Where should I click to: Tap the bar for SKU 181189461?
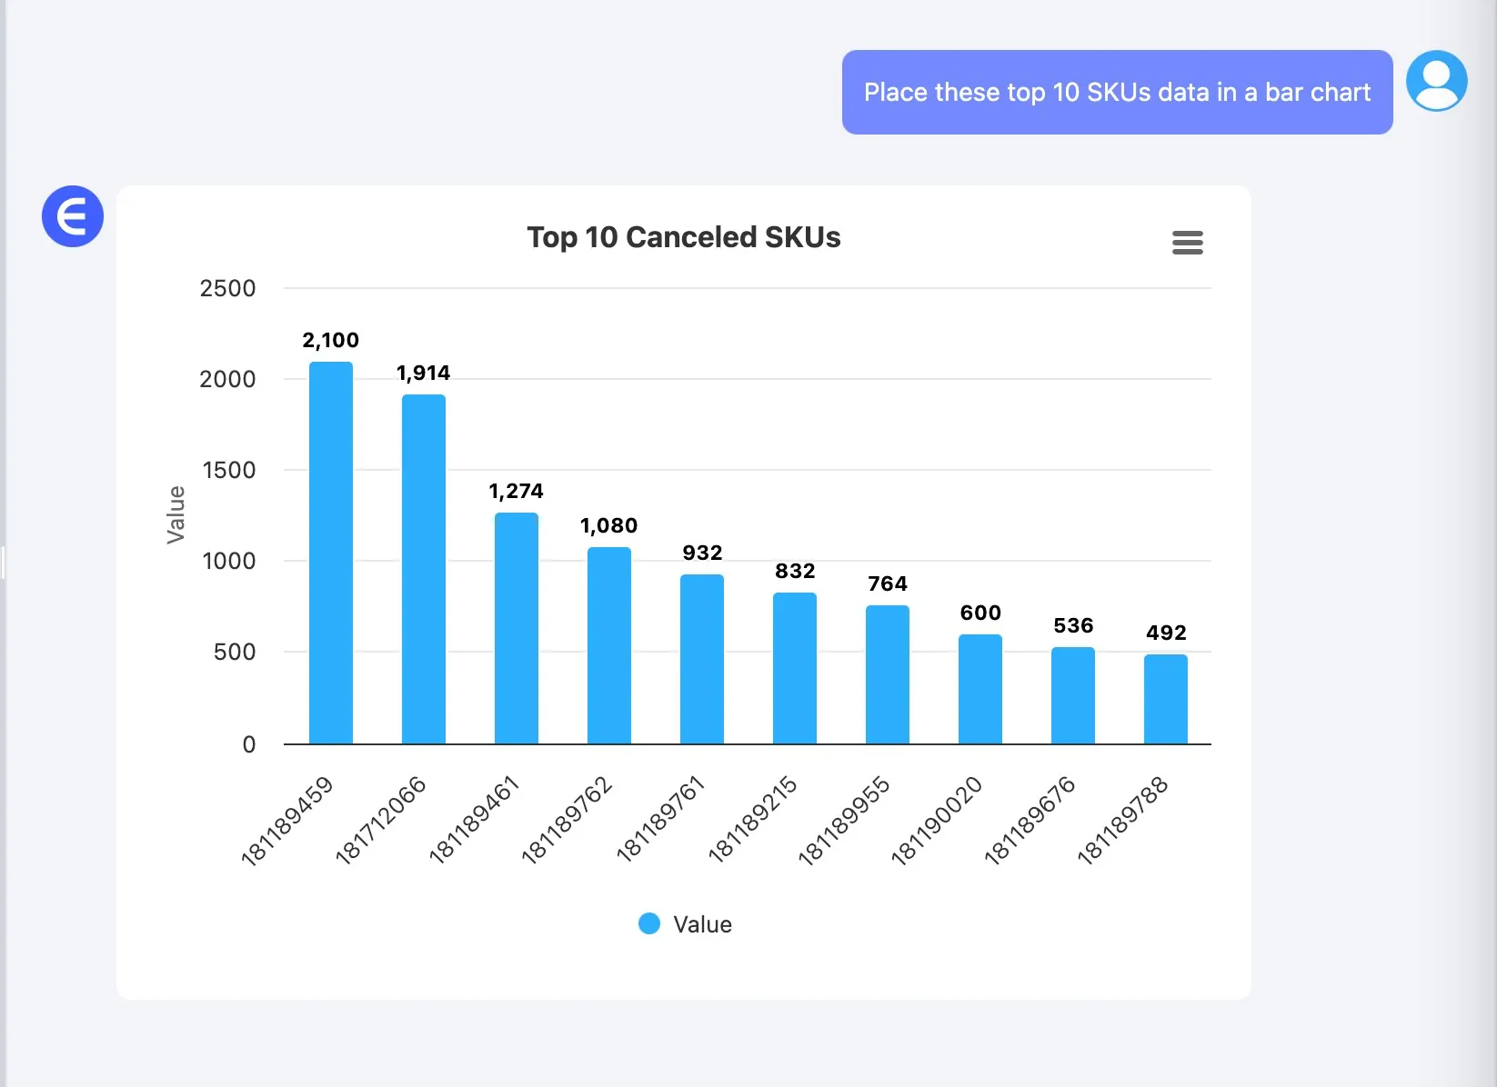point(517,628)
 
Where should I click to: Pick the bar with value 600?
point(980,689)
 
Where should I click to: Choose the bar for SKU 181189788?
point(1166,699)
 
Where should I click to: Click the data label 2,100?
point(331,340)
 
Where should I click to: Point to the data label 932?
point(702,553)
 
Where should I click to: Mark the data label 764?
point(888,583)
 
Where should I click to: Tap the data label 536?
point(1073,625)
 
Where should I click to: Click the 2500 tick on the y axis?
point(227,288)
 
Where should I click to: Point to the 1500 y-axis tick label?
point(228,470)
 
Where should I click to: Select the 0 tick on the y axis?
point(248,744)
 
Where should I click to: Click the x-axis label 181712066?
point(381,819)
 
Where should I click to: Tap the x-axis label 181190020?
point(937,820)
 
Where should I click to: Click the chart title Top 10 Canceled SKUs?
point(684,237)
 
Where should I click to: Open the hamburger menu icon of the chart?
point(1188,243)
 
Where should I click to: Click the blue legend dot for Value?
point(649,923)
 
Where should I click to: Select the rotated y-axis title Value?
point(176,514)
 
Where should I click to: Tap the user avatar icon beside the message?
point(1437,81)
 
